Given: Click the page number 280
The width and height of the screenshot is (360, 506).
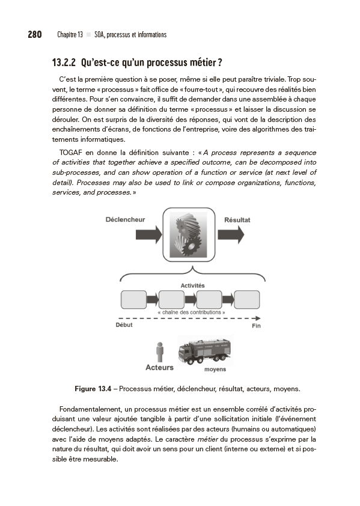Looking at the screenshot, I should pos(34,34).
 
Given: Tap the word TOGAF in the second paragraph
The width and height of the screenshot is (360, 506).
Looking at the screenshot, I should pos(72,152).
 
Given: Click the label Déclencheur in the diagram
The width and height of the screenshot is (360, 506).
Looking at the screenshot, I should pos(125,219).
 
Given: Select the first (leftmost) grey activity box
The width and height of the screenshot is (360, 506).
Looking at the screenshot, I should pos(133,299).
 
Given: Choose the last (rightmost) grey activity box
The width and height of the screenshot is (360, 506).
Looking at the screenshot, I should pos(246,299).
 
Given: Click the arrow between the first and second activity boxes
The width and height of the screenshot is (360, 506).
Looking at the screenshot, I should pos(153,299).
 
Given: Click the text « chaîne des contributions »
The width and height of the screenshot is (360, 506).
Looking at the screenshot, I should pos(191,312).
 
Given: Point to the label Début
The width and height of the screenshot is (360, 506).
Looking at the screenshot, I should pos(123,325).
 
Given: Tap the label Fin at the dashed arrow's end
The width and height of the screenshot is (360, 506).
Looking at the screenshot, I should pos(256,326).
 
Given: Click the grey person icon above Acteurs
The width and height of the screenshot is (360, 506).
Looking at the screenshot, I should pos(159,352).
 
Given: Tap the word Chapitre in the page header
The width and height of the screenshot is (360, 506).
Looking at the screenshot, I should pos(69,35).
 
